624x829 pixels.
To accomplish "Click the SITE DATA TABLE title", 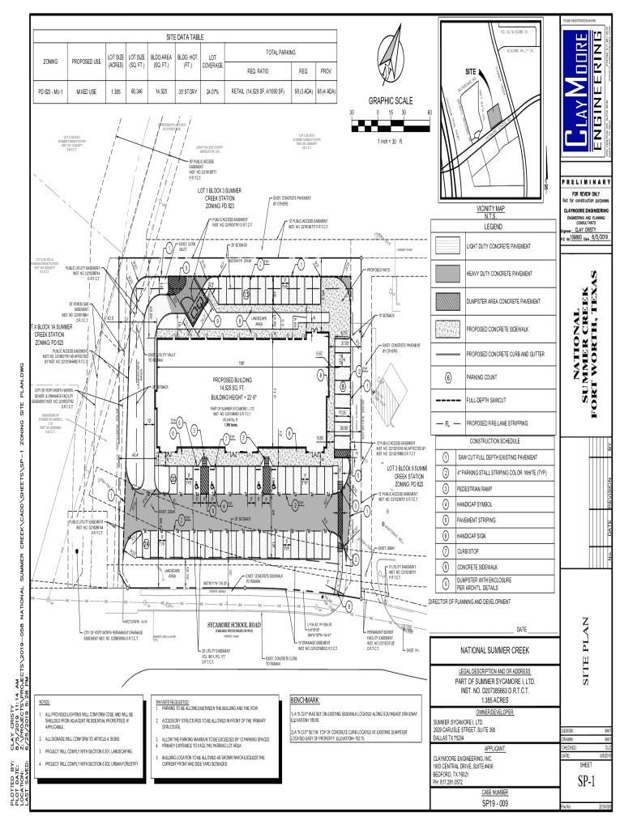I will pyautogui.click(x=185, y=38).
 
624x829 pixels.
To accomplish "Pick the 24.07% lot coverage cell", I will pyautogui.click(x=212, y=91).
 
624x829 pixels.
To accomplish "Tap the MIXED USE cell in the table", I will pyautogui.click(x=86, y=91).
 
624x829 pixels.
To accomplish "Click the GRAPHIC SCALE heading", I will pyautogui.click(x=391, y=101).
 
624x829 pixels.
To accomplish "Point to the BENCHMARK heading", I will pyautogui.click(x=309, y=699).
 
